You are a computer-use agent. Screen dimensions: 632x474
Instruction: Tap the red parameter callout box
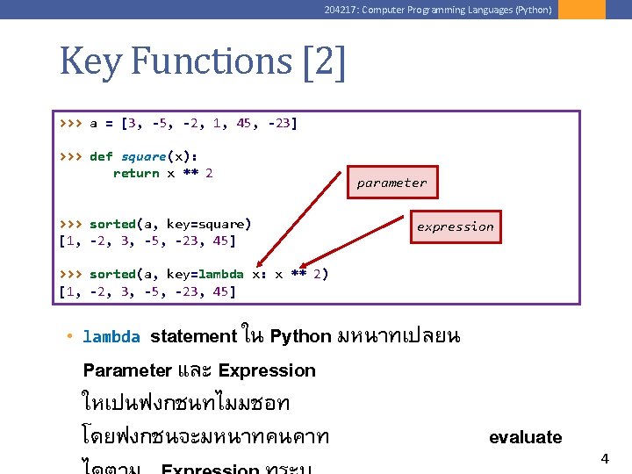point(391,183)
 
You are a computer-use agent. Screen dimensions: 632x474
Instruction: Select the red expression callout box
point(455,226)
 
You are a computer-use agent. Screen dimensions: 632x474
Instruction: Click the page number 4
point(604,458)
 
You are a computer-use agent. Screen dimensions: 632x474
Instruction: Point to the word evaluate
point(525,437)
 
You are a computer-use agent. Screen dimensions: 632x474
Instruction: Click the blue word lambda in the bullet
point(111,337)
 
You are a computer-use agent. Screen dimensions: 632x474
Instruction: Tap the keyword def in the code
point(101,156)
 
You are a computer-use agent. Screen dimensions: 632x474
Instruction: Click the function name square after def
point(143,156)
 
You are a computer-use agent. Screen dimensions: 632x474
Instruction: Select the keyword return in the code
point(135,173)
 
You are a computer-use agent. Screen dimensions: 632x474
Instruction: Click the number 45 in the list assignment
point(243,124)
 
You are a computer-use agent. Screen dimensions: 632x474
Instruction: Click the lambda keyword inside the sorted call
point(220,274)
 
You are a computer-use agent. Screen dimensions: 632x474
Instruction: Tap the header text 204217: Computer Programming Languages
point(437,10)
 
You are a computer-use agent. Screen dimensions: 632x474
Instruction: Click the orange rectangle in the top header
point(581,10)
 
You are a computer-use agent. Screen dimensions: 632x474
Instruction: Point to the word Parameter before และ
point(126,370)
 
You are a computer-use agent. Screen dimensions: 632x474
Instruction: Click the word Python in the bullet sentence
point(300,336)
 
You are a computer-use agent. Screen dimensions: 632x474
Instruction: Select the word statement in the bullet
point(193,336)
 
